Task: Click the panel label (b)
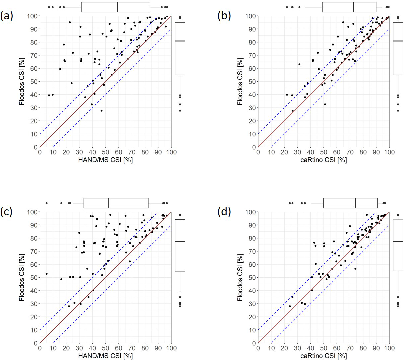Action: tap(224, 16)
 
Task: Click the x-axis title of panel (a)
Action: tap(105, 160)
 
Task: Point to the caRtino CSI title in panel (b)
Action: tap(324, 160)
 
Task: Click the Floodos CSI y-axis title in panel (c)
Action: tap(22, 277)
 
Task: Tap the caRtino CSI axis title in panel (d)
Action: tap(324, 356)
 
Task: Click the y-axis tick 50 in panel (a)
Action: tap(34, 81)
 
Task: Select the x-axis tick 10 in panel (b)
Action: tap(271, 152)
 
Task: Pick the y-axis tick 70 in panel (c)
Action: tap(34, 251)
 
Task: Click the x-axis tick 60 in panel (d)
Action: tap(337, 348)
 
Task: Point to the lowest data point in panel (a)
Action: tap(102, 110)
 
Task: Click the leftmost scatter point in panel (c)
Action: tap(46, 274)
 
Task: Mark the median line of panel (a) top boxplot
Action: tap(118, 7)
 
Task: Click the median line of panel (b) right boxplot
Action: tap(398, 41)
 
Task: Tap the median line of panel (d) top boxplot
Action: tap(355, 203)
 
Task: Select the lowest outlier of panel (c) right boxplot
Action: tap(180, 306)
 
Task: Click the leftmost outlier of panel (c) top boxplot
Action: tap(46, 203)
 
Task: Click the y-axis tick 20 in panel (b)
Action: tap(252, 121)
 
